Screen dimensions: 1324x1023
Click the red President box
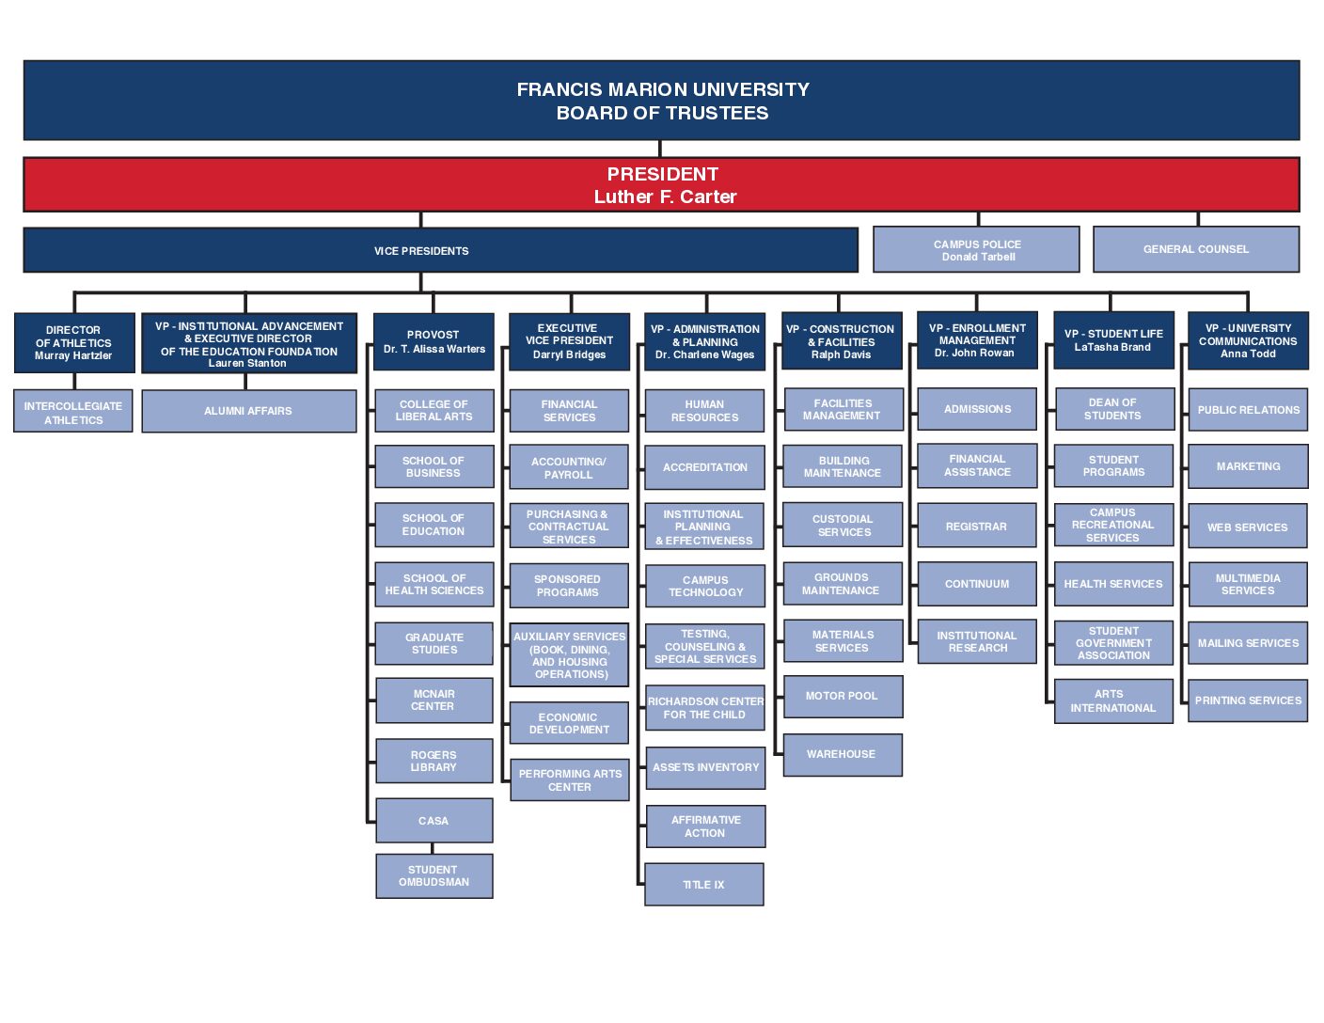[661, 184]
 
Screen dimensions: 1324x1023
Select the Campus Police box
[976, 249]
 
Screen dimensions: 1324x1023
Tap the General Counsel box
[1196, 249]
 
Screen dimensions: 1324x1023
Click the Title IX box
[703, 884]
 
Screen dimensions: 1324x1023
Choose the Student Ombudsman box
[433, 875]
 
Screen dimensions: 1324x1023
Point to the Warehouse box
[843, 754]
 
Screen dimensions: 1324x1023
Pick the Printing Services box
[1248, 700]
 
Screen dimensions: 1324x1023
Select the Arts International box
[1113, 701]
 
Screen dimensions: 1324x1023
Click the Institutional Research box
[977, 641]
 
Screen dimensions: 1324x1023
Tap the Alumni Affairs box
[248, 411]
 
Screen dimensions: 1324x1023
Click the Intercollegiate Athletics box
[73, 411]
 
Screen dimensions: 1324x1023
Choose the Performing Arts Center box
[570, 779]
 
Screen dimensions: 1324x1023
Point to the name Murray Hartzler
[73, 355]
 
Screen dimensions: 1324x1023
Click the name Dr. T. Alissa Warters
[433, 349]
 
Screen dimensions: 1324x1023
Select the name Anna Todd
[1248, 354]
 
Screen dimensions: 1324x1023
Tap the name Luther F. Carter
[666, 197]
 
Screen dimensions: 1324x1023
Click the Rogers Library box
[433, 761]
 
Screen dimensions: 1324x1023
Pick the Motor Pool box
[843, 697]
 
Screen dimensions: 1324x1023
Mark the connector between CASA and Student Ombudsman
[433, 848]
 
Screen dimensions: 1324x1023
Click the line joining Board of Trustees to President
[660, 149]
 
